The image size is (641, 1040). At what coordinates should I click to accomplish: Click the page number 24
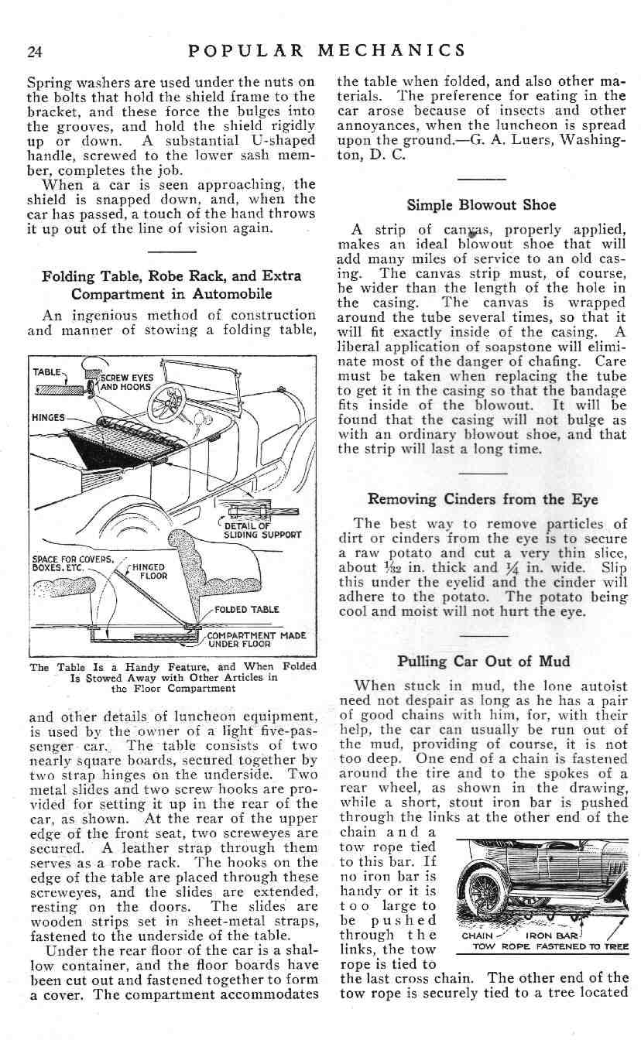(34, 52)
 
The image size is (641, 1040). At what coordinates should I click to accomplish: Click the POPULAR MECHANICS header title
(327, 51)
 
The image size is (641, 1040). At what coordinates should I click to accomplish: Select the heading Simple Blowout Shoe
(482, 206)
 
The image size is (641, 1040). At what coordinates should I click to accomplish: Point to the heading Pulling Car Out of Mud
(483, 661)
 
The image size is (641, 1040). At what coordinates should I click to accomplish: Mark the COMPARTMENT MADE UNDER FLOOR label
(256, 639)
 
